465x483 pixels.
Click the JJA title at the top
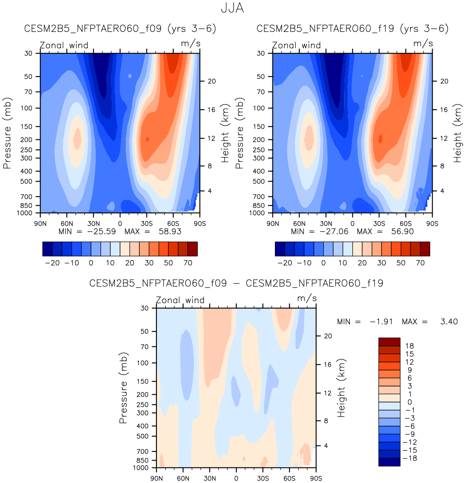click(232, 8)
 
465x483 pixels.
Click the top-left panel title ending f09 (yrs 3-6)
click(120, 29)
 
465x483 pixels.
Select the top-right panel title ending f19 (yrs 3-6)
click(352, 29)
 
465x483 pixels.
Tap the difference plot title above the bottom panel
click(236, 283)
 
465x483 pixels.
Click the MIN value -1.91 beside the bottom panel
click(381, 322)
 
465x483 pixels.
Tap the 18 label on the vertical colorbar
click(409, 346)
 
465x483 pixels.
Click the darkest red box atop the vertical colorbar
click(389, 342)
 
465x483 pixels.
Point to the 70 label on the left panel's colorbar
click(188, 263)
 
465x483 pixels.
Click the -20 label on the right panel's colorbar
click(285, 263)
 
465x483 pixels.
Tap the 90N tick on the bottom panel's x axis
click(157, 479)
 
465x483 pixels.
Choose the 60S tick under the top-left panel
click(173, 224)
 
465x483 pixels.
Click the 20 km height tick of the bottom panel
click(328, 336)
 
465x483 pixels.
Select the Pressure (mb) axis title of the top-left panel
click(7, 133)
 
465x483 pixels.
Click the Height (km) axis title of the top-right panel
click(457, 133)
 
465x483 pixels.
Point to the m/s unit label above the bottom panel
click(307, 298)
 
